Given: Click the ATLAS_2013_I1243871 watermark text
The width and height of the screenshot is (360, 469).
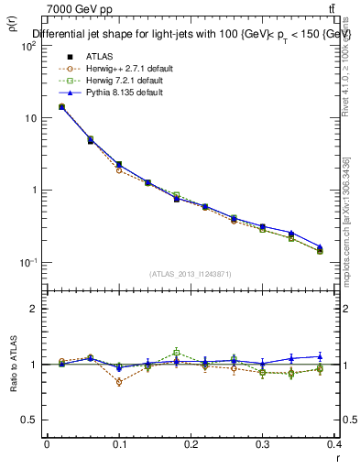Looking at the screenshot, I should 191,274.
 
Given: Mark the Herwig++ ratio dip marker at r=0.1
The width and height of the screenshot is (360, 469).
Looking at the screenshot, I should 119,382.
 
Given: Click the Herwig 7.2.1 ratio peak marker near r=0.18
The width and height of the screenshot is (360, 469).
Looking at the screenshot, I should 177,352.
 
